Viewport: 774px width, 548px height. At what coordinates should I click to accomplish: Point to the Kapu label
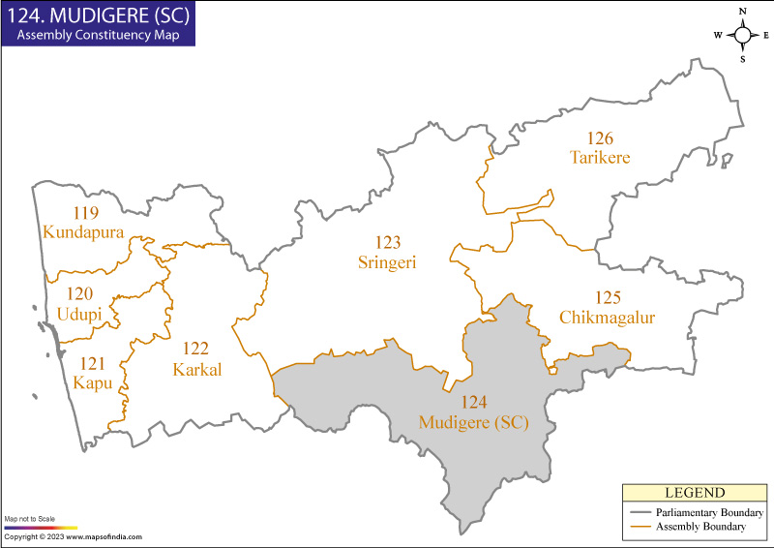[92, 383]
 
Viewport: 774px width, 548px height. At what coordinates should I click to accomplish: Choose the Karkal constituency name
[196, 369]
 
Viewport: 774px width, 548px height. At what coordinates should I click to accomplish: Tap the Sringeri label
[387, 261]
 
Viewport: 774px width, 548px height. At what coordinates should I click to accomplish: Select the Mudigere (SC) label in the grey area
[474, 422]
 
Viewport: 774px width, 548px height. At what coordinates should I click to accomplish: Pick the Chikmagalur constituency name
[608, 317]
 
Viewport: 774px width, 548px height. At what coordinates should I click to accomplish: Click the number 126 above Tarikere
[599, 138]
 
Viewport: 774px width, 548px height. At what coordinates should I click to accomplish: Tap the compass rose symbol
[742, 35]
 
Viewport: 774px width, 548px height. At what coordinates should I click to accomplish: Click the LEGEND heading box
[694, 493]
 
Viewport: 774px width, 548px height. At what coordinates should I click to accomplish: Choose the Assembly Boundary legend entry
[700, 527]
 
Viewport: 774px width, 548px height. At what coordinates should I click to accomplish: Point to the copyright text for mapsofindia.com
[73, 536]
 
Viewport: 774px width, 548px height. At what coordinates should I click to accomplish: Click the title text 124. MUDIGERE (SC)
[98, 15]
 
